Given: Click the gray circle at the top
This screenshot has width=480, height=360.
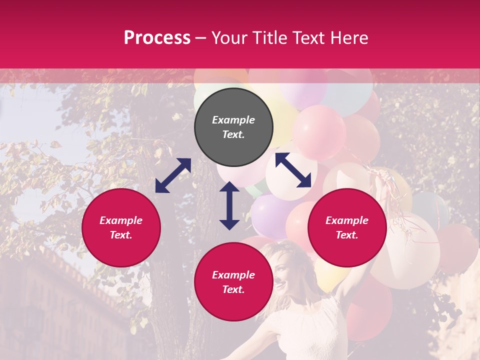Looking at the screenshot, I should point(233,127).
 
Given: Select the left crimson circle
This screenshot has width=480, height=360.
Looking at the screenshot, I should point(121,228).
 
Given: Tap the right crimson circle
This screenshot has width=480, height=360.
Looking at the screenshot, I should point(347,228).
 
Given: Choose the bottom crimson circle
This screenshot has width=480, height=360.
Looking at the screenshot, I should point(233,282).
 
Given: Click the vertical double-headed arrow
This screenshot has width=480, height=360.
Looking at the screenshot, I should point(229,205).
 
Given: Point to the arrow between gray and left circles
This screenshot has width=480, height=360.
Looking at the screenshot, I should point(173,175).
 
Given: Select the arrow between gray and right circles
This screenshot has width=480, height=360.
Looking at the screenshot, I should point(293,170).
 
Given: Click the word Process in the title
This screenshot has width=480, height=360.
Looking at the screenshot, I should point(157,37).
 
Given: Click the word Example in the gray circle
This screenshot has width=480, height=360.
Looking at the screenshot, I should point(233,120).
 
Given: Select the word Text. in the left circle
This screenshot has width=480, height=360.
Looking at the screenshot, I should point(121,235).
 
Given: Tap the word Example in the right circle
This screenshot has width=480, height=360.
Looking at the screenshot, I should point(347,220).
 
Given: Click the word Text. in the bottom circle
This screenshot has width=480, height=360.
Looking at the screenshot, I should point(233,289).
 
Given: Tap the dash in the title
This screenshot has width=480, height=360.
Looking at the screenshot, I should point(201,37).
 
